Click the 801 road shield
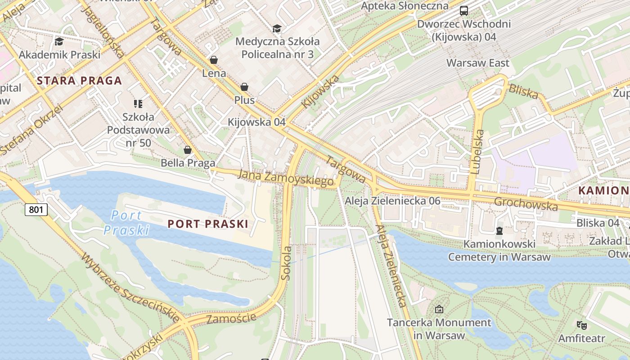pos(36,209)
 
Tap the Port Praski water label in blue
pos(126,223)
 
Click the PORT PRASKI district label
pos(208,224)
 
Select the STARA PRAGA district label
pos(79,81)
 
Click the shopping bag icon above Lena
pos(214,60)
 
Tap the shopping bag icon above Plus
pos(244,87)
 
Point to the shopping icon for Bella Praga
pos(188,150)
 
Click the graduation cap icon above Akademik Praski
pos(59,42)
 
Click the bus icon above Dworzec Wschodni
pos(464,11)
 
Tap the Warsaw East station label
pos(477,63)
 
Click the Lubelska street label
pos(477,152)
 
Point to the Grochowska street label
pos(526,204)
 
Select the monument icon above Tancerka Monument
pos(439,309)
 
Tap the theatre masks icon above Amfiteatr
pos(582,324)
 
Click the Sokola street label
pos(286,263)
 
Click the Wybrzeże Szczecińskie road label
pos(131,288)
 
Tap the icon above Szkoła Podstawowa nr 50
pos(138,104)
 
